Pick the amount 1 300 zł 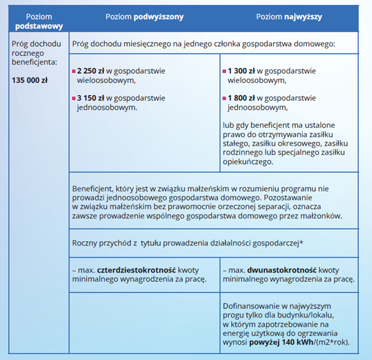click(242, 70)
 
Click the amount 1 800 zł click(242, 97)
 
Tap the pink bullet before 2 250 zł click(74, 71)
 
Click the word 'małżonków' click(320, 217)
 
